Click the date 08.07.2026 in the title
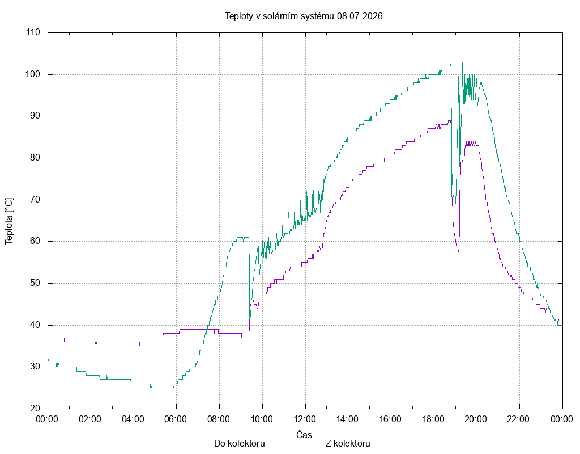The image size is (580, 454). point(360,16)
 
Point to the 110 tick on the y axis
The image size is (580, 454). point(33,32)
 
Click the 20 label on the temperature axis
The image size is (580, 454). point(35,409)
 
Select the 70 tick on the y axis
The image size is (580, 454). point(35,200)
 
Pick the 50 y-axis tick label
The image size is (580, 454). point(35,283)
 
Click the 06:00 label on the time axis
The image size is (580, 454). point(176,419)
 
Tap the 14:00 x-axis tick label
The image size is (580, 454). point(348,419)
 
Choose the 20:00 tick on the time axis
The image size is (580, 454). point(476,419)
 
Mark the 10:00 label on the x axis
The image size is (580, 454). point(262,419)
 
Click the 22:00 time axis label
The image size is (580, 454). point(519,419)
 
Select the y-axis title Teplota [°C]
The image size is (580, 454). point(9,221)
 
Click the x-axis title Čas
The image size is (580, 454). point(304,434)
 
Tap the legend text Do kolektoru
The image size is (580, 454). point(240,444)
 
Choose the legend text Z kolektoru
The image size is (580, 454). point(348,444)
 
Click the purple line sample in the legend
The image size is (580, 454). point(285,444)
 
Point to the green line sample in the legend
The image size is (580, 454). point(392,444)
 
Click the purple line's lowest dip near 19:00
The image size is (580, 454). point(459,254)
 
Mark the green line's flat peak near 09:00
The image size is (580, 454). point(240,238)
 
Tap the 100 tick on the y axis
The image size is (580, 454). point(33,74)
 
